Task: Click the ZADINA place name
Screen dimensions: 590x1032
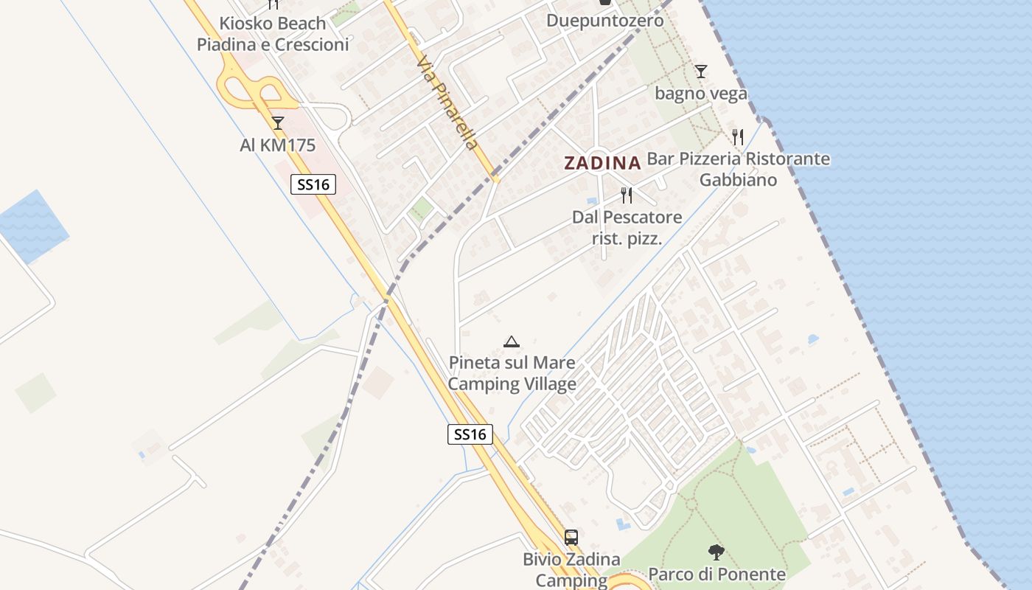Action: click(x=602, y=163)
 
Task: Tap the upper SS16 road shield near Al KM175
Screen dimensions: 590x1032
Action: click(x=313, y=184)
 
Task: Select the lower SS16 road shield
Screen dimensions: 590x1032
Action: click(x=470, y=434)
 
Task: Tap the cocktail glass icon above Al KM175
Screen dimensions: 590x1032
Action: click(x=278, y=123)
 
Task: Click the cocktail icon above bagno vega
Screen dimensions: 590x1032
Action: click(x=701, y=72)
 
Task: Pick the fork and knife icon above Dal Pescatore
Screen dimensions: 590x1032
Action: click(x=627, y=195)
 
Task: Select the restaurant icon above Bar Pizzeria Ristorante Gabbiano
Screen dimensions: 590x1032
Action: click(x=738, y=136)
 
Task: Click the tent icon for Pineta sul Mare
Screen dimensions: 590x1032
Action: click(x=512, y=341)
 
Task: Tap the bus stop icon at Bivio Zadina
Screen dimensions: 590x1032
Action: click(x=571, y=537)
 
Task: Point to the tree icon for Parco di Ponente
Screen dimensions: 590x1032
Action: click(x=716, y=552)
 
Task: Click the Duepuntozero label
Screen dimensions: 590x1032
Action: click(x=604, y=21)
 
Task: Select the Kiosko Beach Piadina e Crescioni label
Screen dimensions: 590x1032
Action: click(x=273, y=34)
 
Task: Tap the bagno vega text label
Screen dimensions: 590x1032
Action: click(x=701, y=94)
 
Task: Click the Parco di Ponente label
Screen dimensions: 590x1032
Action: click(x=717, y=574)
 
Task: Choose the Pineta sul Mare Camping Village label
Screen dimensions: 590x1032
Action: click(x=512, y=373)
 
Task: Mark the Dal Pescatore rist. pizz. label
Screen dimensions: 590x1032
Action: click(x=627, y=228)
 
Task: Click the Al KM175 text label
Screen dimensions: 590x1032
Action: click(x=278, y=145)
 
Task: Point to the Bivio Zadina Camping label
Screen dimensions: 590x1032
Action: click(x=571, y=569)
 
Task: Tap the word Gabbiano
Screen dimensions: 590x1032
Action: click(x=738, y=180)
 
